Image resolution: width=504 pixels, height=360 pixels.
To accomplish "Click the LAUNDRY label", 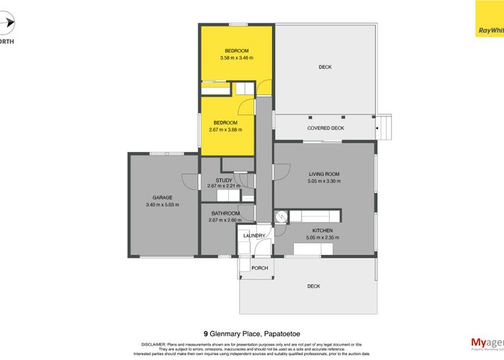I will pyautogui.click(x=254, y=235).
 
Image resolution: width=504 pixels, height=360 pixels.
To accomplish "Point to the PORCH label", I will pyautogui.click(x=259, y=268).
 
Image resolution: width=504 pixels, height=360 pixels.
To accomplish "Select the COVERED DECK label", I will pyautogui.click(x=325, y=128).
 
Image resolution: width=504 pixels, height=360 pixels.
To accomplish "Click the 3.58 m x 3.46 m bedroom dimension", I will pyautogui.click(x=235, y=58).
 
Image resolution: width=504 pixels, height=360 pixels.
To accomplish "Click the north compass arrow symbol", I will pyautogui.click(x=6, y=26).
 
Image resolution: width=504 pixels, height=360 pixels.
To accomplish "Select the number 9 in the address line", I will pyautogui.click(x=206, y=334).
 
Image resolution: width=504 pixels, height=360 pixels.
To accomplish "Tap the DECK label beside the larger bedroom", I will pyautogui.click(x=325, y=67).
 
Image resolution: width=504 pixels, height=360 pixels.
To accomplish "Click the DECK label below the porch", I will pyautogui.click(x=313, y=287).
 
